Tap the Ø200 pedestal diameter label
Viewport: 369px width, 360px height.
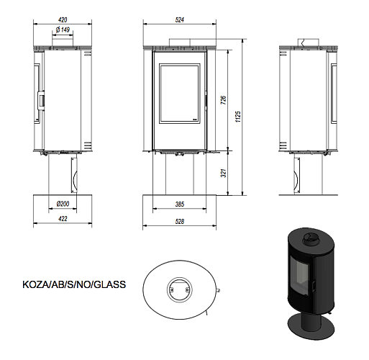click(x=63, y=203)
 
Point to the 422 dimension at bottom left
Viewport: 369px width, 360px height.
click(x=63, y=218)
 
